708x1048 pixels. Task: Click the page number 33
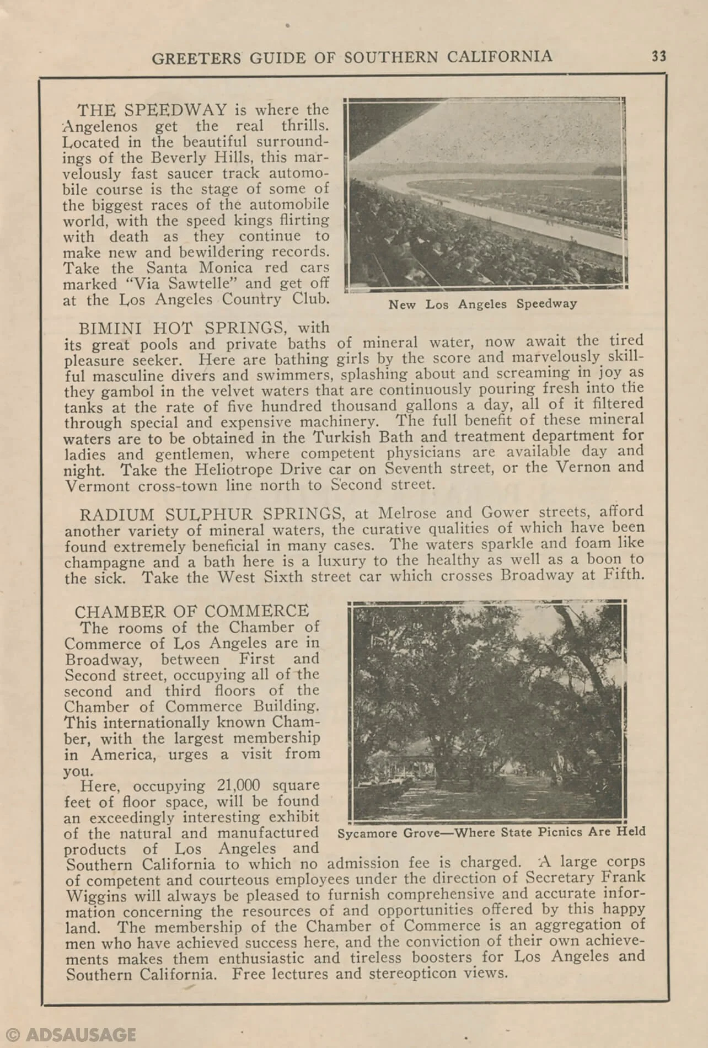coord(658,56)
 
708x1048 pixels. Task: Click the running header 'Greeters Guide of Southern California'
coord(352,57)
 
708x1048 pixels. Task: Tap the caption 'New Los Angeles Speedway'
coord(482,304)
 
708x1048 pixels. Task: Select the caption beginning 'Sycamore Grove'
coord(491,832)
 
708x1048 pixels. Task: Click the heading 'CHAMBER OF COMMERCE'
coord(192,611)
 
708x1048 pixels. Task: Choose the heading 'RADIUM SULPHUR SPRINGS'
coord(211,514)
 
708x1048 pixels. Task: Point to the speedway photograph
coord(486,194)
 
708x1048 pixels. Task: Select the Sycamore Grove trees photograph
coord(487,711)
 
